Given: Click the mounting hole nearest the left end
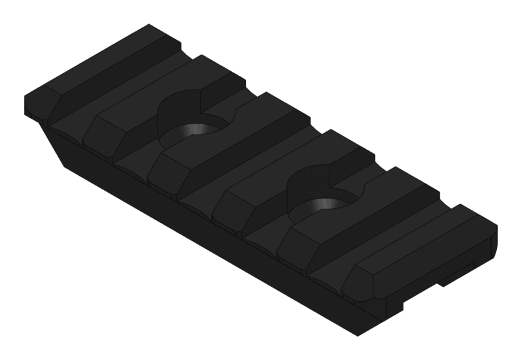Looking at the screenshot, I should (197, 130).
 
